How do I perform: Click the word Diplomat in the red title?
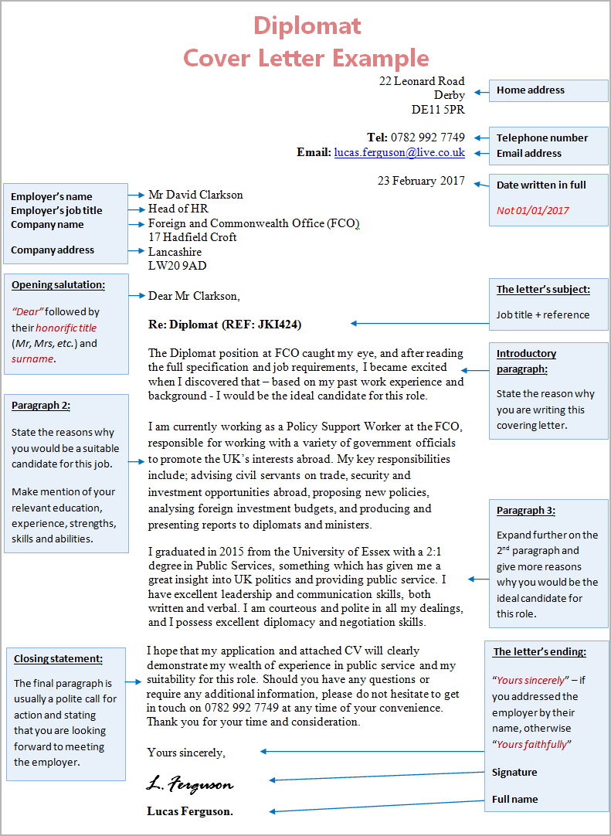coord(307,26)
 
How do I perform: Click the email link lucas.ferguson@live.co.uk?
coord(399,153)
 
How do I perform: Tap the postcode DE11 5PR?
coord(438,110)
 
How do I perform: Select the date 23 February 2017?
coord(421,181)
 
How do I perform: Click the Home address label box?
coord(530,90)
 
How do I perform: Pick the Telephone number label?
coord(541,138)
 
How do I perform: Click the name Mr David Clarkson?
coord(195,195)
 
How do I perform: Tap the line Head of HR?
coord(178,209)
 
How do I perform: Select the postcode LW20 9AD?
coord(177,266)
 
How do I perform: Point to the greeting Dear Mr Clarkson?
coord(194,296)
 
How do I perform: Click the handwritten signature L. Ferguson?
coord(189,784)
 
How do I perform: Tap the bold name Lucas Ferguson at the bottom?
coord(190,811)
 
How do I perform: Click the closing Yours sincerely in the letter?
coord(186,752)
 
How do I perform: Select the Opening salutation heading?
coord(58,284)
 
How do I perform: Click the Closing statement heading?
coord(58,659)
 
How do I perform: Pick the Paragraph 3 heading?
coord(526,511)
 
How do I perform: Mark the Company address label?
coord(53,250)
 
